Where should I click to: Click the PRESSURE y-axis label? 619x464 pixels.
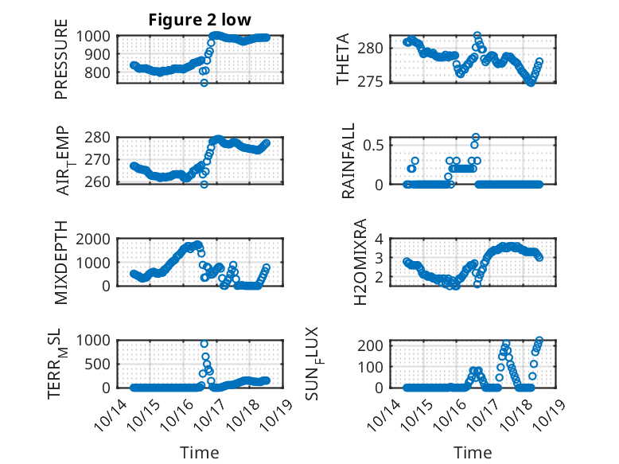(x=61, y=65)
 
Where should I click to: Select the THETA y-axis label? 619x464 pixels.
(x=343, y=60)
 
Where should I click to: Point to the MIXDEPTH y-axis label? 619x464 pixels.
(x=61, y=262)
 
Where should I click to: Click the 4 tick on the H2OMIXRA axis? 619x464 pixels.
(x=382, y=239)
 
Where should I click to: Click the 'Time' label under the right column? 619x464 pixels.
(x=473, y=453)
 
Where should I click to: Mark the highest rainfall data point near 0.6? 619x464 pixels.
(x=476, y=137)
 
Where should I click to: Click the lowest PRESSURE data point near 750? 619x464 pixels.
(x=204, y=82)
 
